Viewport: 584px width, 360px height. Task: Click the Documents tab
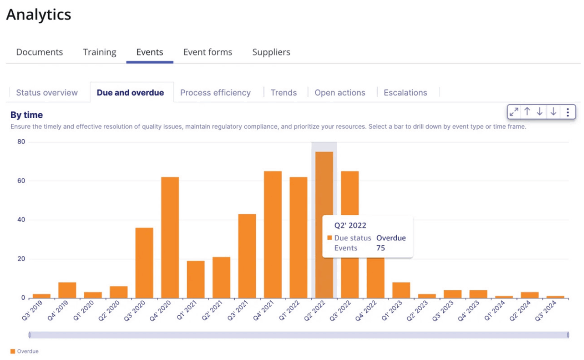[x=40, y=52]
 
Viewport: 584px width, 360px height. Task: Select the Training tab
[x=100, y=52]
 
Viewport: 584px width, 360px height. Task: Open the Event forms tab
[x=207, y=52]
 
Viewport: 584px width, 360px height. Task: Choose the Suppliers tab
[x=271, y=52]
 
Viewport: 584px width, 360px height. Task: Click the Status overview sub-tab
[x=47, y=92]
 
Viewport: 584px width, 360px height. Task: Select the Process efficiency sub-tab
[x=215, y=92]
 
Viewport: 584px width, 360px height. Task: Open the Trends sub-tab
[x=283, y=92]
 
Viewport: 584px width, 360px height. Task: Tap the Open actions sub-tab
[x=340, y=92]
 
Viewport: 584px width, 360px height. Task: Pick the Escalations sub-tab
[x=405, y=92]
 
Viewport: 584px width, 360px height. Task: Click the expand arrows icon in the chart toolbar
[x=514, y=112]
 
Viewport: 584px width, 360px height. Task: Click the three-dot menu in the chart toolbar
[x=568, y=112]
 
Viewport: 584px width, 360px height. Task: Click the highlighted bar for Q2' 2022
[x=324, y=193]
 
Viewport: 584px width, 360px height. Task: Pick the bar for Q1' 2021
[x=196, y=279]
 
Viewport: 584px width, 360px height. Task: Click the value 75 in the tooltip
[x=380, y=248]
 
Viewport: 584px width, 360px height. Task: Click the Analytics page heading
[x=39, y=15]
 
